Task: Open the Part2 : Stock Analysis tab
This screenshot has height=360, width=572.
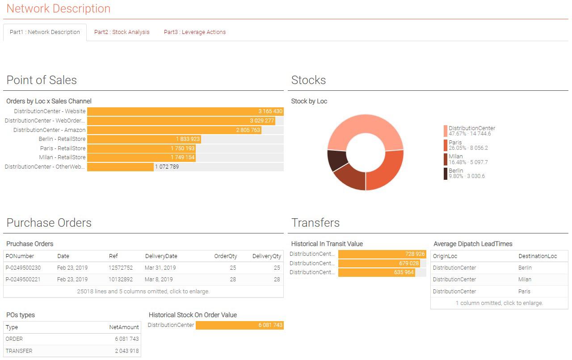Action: [122, 32]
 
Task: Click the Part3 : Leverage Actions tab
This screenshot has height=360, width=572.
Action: [194, 32]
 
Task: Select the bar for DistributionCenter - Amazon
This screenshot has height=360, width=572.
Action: [174, 130]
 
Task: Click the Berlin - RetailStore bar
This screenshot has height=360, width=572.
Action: [144, 139]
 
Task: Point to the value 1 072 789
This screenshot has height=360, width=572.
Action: [167, 167]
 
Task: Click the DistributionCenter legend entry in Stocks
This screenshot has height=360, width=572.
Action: [471, 131]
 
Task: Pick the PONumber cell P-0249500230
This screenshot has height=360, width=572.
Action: [23, 268]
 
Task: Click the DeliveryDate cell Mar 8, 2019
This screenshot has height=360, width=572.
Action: [159, 280]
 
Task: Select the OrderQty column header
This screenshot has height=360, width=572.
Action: [225, 256]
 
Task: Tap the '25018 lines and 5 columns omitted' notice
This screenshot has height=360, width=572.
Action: [143, 292]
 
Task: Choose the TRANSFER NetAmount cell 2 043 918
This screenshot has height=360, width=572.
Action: [126, 351]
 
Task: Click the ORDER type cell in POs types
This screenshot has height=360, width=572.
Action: [14, 339]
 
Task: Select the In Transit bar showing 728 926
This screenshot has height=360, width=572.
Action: [382, 254]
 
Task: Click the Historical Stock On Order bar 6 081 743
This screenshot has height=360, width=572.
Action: [240, 325]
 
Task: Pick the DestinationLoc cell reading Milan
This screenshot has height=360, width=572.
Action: [525, 280]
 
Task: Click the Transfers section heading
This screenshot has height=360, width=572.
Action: [315, 223]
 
